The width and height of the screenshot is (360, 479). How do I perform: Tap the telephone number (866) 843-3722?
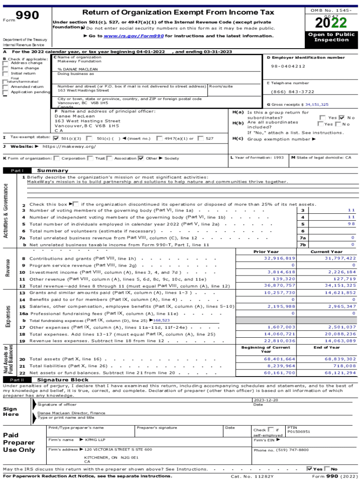(x=293, y=92)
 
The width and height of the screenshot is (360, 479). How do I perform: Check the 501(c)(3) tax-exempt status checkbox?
(x=57, y=138)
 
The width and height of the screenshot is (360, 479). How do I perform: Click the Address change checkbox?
(x=6, y=63)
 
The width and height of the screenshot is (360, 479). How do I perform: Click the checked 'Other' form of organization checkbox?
(x=141, y=158)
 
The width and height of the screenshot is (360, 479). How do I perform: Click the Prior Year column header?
(x=266, y=252)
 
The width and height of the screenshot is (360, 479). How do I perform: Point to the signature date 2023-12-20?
(x=266, y=400)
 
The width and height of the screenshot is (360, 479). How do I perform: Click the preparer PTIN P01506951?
(x=298, y=432)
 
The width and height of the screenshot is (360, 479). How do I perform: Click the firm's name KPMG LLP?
(x=95, y=440)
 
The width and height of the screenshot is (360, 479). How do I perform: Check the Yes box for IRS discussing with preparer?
(x=310, y=469)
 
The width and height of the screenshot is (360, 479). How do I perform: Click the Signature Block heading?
(x=63, y=380)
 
